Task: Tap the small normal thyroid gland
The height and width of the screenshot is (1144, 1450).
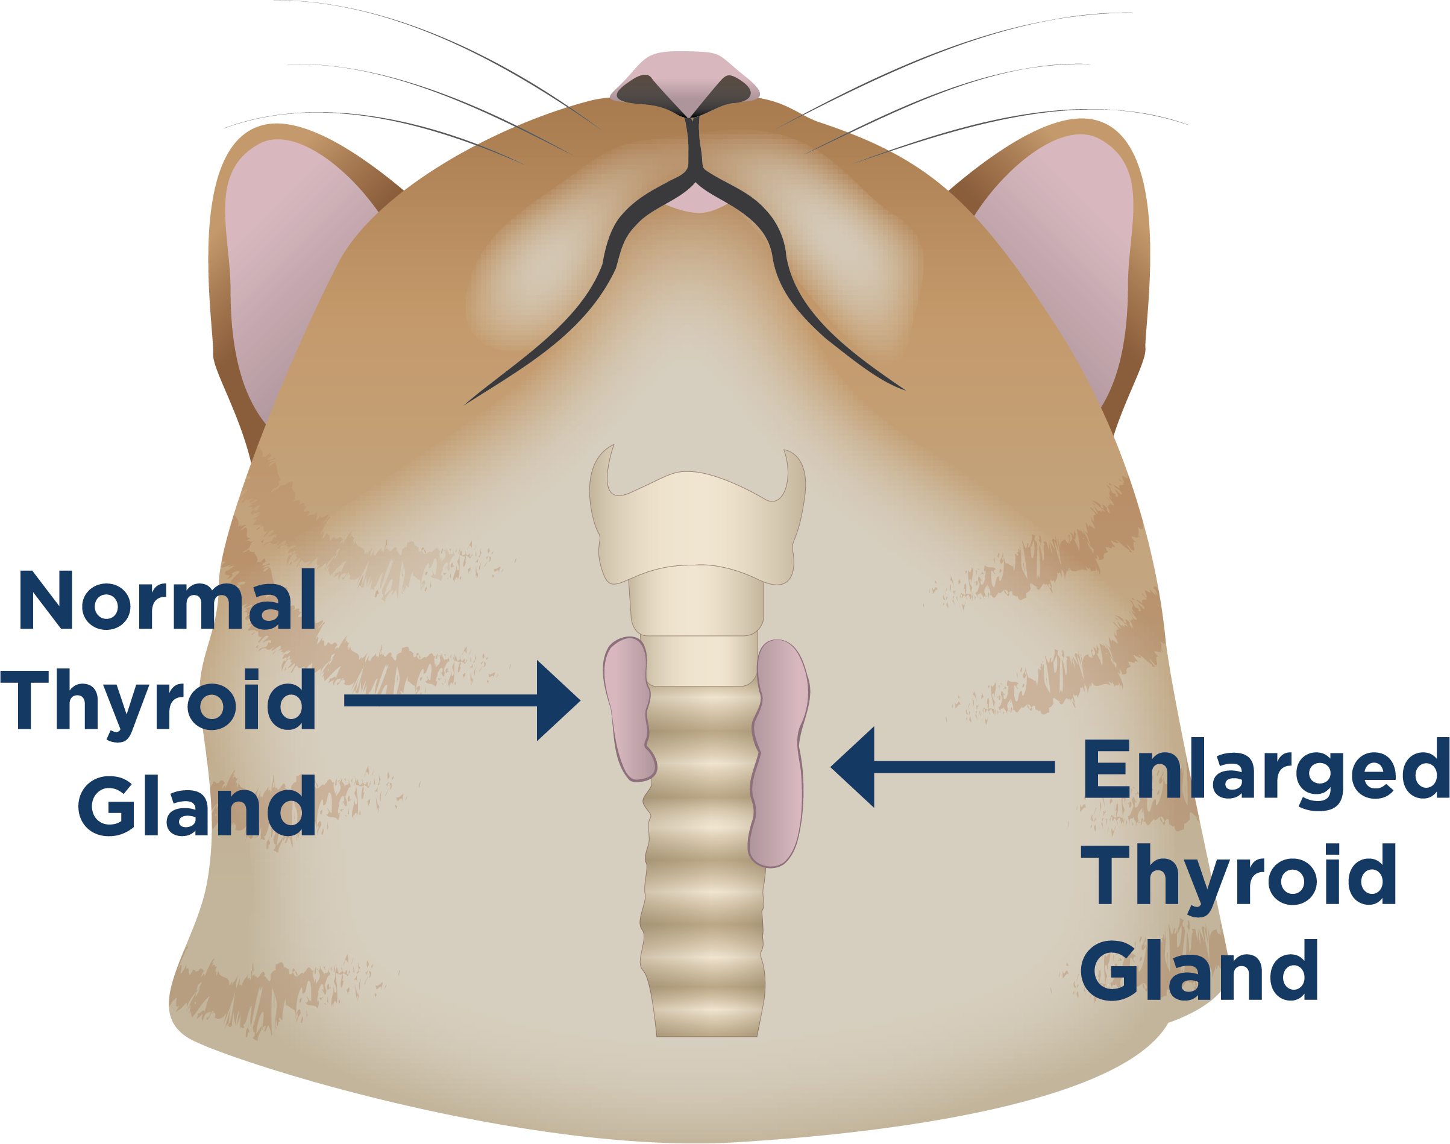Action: [x=626, y=710]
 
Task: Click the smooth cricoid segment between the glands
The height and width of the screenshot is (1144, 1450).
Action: [x=700, y=660]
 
